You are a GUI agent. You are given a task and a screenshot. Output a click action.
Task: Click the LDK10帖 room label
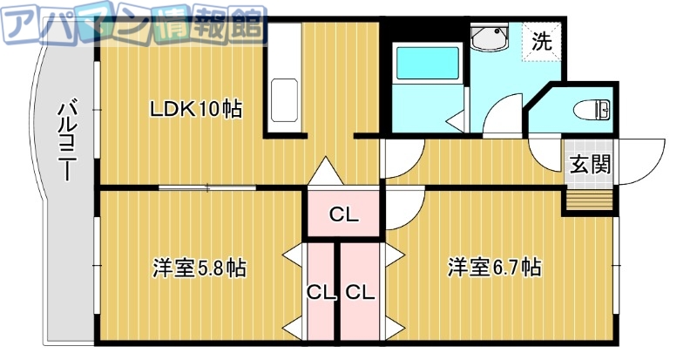pyautogui.click(x=195, y=109)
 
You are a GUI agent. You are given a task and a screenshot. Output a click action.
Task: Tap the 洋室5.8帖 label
pyautogui.click(x=199, y=268)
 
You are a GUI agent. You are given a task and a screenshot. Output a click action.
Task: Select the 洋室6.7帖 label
pyautogui.click(x=495, y=268)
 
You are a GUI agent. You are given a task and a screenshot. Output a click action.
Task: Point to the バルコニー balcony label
pyautogui.click(x=65, y=139)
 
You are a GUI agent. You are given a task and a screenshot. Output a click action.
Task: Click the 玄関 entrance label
pyautogui.click(x=589, y=165)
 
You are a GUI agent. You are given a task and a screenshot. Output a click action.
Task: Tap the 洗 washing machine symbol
pyautogui.click(x=542, y=41)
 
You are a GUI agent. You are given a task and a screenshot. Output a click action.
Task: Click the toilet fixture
pyautogui.click(x=593, y=110)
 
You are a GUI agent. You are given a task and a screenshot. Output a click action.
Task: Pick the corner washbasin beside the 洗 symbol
pyautogui.click(x=488, y=38)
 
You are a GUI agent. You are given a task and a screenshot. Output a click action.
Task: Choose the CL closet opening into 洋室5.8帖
pyautogui.click(x=321, y=293)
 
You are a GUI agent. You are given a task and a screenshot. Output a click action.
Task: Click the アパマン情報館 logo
pyautogui.click(x=132, y=26)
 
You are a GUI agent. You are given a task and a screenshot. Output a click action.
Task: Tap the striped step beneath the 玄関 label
pyautogui.click(x=588, y=200)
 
